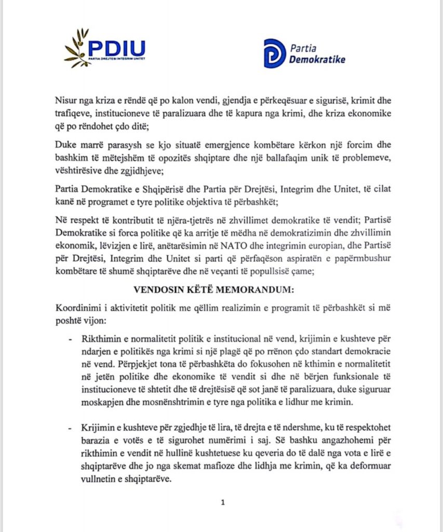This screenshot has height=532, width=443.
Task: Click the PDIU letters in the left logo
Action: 117,48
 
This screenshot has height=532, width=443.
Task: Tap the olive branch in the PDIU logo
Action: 76,50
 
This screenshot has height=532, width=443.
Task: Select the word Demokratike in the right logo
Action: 317,59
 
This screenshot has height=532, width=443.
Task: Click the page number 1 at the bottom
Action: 222,502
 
